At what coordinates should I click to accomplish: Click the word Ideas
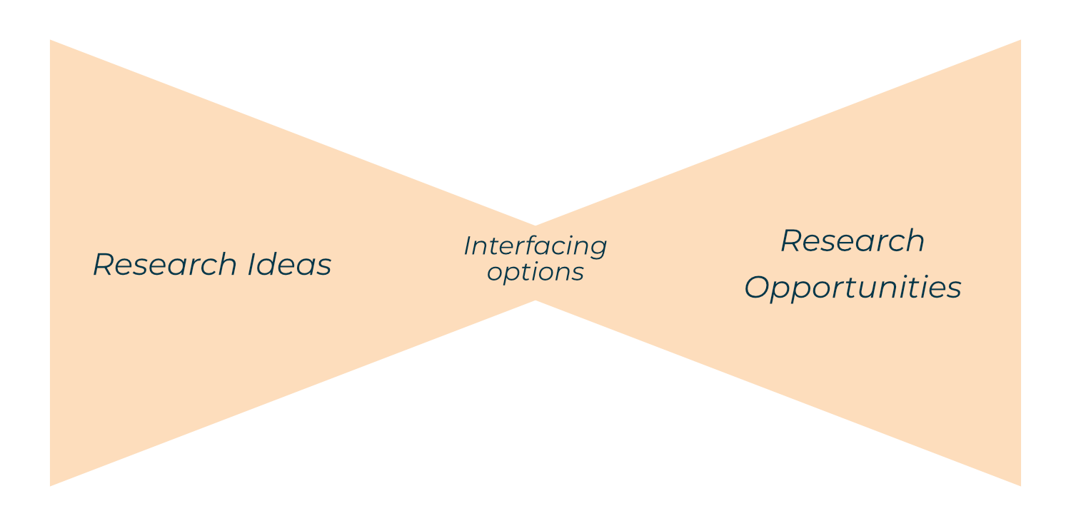289,265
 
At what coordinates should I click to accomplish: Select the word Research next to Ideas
165,265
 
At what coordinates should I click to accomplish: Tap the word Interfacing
535,246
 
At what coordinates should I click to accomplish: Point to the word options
535,273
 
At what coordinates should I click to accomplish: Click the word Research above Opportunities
853,241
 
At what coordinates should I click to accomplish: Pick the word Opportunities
853,288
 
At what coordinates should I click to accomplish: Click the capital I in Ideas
253,265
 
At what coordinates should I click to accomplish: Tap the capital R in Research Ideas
104,265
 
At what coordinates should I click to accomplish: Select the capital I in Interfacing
468,246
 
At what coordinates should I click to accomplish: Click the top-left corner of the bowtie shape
50,40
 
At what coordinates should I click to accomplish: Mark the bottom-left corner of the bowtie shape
50,486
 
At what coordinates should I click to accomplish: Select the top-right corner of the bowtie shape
1021,40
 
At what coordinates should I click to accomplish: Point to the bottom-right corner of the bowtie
1021,486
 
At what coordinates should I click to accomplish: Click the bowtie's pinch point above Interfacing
535,225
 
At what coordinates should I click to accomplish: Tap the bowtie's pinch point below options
535,301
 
